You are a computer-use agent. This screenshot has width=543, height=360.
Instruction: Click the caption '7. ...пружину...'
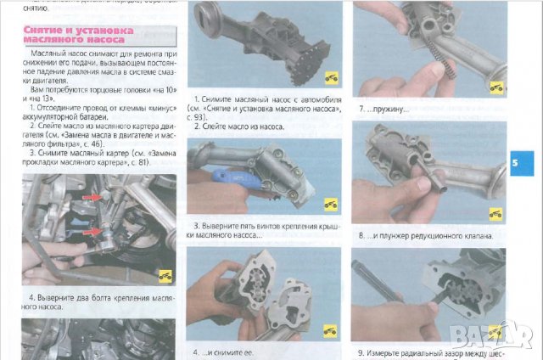(x=384, y=110)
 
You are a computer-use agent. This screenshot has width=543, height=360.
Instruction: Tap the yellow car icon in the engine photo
(x=165, y=274)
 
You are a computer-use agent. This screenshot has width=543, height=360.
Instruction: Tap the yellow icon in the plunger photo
(x=495, y=213)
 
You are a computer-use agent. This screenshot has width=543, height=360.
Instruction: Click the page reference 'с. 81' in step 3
(x=138, y=162)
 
